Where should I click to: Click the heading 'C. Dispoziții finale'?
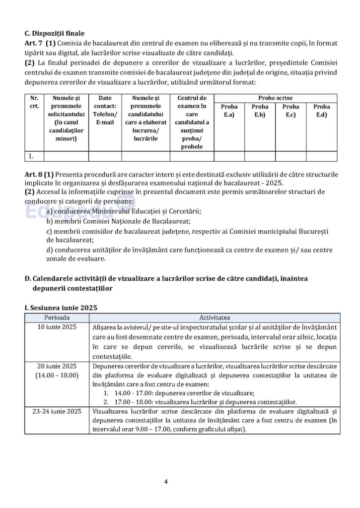pyautogui.click(x=54, y=34)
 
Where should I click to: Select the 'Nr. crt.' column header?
pyautogui.click(x=34, y=102)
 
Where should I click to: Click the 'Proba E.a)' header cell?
pyautogui.click(x=230, y=111)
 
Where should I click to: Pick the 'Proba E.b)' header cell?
pyautogui.click(x=260, y=111)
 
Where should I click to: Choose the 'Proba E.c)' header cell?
pyautogui.click(x=290, y=111)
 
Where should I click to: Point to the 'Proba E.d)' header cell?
pyautogui.click(x=321, y=111)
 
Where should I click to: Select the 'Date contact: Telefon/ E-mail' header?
pyautogui.click(x=105, y=110)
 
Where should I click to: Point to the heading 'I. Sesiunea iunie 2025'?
pyautogui.click(x=61, y=308)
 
